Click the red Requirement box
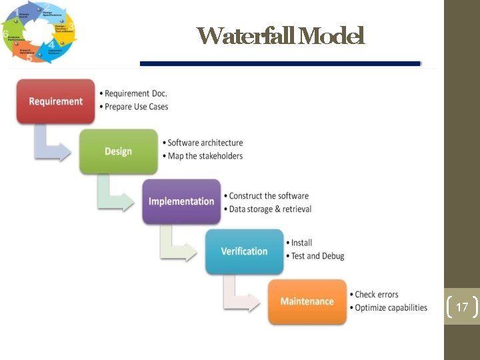tap(56, 101)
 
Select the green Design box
tap(118, 151)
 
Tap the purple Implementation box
tap(181, 201)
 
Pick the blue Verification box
tap(244, 251)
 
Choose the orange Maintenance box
tap(307, 301)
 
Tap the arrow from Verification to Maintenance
tap(240, 296)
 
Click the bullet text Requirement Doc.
tap(136, 93)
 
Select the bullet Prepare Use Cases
tap(137, 107)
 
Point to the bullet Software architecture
tap(205, 143)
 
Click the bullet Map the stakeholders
tap(205, 156)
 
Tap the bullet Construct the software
tap(269, 196)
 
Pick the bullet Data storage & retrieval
tap(270, 209)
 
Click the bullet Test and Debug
tap(317, 256)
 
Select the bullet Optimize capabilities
tap(391, 307)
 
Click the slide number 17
tap(462, 307)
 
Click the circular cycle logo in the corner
tap(39, 33)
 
